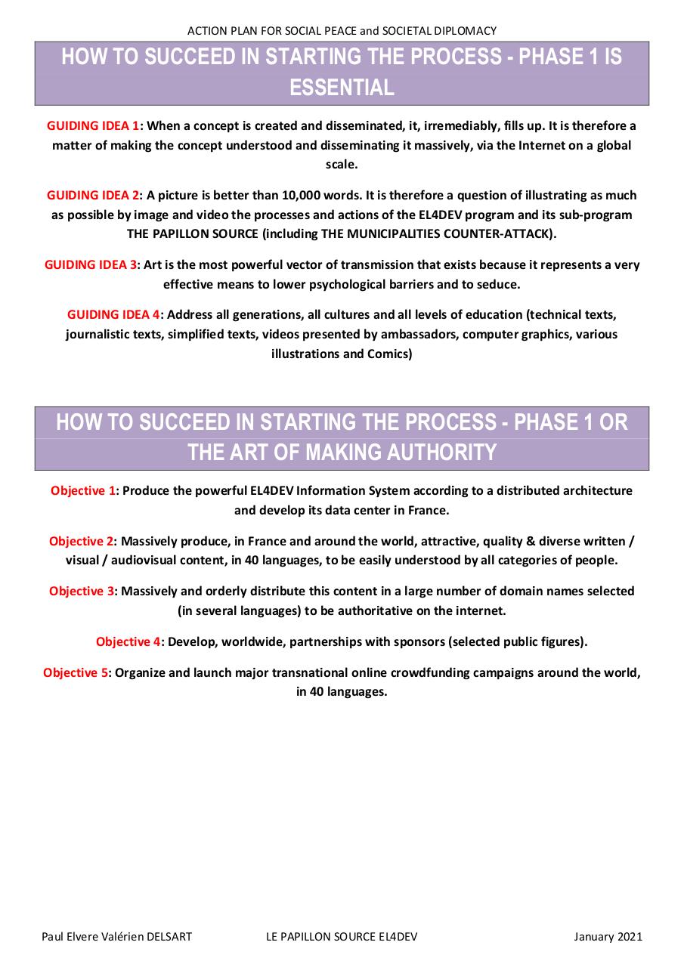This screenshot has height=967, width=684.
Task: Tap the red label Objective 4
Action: point(128,641)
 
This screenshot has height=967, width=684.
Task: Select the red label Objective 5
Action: point(76,672)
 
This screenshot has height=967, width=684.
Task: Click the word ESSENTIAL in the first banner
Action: point(342,88)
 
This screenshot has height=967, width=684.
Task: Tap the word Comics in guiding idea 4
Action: point(389,354)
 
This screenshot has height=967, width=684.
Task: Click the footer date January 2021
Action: point(608,937)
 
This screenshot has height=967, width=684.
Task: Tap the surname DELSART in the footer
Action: point(166,937)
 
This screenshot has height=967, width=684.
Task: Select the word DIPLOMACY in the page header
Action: point(464,31)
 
